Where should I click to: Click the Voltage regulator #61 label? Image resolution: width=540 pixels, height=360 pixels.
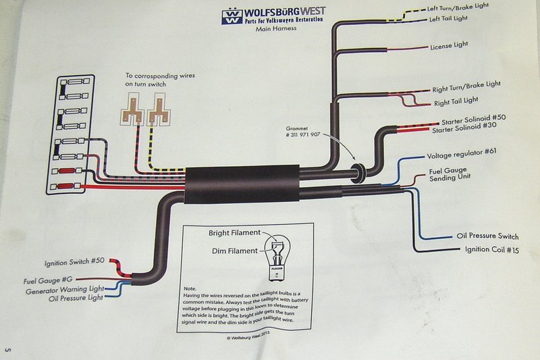tap(462, 153)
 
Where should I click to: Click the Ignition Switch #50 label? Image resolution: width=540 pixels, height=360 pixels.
tap(72, 263)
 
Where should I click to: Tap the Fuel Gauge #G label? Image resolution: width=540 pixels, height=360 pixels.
tap(48, 279)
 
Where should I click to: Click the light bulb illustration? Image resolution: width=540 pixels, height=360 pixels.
tap(276, 252)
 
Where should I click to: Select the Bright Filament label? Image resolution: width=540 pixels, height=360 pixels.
tap(234, 233)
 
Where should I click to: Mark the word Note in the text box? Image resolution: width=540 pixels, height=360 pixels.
tap(190, 288)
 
